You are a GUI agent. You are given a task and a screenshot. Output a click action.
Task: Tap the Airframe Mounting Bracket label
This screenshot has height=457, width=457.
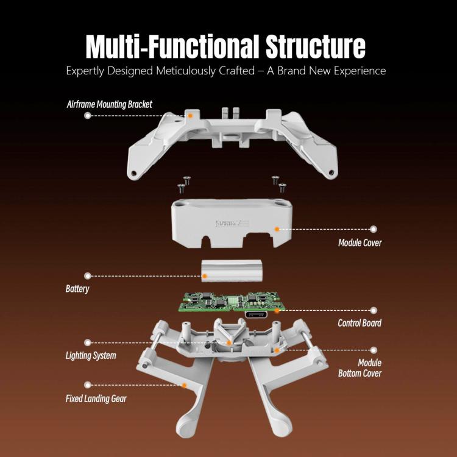[x=110, y=104]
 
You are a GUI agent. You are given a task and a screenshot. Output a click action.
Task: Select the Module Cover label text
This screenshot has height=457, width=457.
[x=360, y=243]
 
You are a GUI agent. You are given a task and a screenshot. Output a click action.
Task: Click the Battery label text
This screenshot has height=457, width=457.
[x=77, y=288]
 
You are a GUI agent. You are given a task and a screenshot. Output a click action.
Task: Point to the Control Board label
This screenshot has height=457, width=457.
[x=360, y=322]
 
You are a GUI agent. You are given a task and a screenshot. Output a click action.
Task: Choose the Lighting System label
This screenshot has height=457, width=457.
[x=91, y=355]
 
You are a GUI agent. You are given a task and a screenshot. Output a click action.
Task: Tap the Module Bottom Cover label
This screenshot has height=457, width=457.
[x=360, y=367]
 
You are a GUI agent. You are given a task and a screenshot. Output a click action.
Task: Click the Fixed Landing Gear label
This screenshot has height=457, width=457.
[x=96, y=399]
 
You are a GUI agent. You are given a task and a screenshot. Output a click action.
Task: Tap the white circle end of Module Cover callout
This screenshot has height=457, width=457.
[x=374, y=229]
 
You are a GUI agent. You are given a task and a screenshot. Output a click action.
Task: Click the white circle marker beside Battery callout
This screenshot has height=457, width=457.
[x=88, y=275]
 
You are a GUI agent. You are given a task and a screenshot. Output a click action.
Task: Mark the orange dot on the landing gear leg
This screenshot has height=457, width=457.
[x=185, y=385]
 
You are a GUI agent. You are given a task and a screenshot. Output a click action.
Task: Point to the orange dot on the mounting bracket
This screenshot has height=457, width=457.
[x=190, y=115]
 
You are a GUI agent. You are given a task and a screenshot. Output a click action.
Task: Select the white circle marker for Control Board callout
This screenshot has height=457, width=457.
[x=374, y=310]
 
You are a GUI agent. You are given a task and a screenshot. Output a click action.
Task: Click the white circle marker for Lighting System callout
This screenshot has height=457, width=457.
[x=88, y=342]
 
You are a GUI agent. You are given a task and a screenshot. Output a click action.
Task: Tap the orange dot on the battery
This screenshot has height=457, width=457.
[x=205, y=275]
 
